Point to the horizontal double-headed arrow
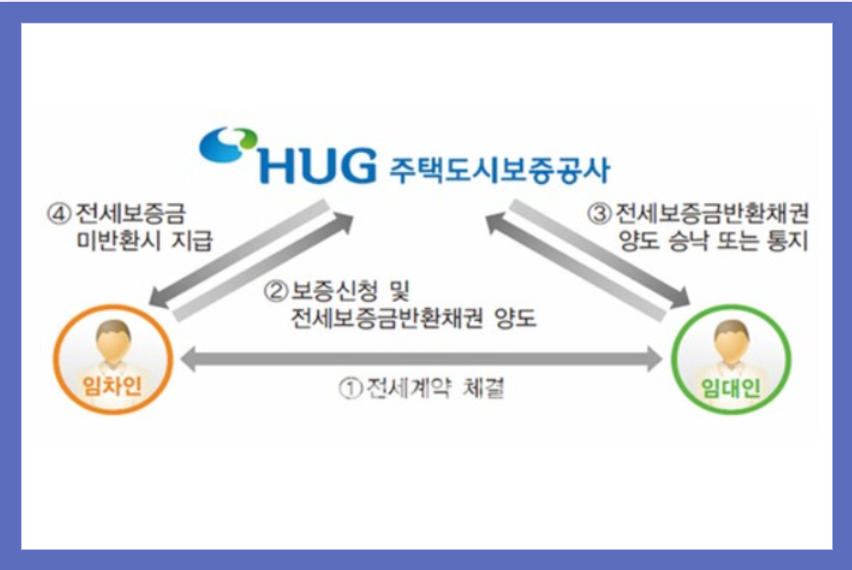coord(422,360)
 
